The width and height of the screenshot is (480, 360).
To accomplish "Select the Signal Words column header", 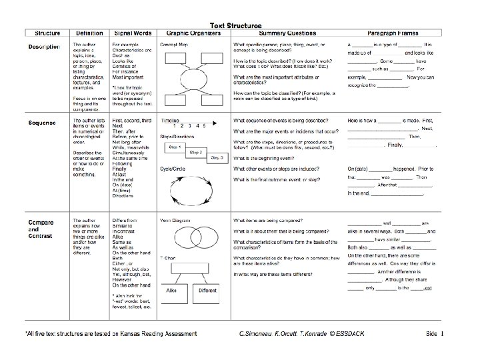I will point(133,33).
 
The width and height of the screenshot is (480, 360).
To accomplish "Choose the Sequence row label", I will point(42,123).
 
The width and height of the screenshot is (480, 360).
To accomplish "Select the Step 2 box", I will point(195,152).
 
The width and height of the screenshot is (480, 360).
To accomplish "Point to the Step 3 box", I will point(217,158).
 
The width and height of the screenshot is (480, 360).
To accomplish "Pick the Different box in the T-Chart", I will point(207,290).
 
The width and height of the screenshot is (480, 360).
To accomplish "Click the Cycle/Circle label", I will point(173,169).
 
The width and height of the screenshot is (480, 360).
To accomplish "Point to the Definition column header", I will point(89,33).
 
